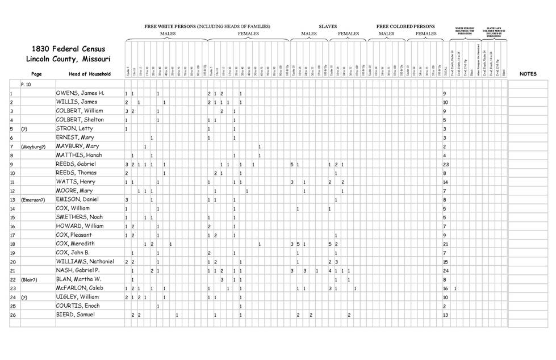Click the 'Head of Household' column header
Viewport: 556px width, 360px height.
click(x=90, y=74)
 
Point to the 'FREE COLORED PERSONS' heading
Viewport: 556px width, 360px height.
click(x=405, y=26)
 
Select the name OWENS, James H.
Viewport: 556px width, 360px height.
click(x=80, y=93)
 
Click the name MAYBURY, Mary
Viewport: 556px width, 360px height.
click(x=77, y=146)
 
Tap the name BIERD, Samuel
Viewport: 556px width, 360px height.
click(x=76, y=315)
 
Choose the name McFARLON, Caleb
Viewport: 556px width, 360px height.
click(x=80, y=288)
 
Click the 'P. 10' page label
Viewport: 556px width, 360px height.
click(x=26, y=83)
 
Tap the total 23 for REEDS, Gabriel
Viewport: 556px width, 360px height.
click(x=446, y=164)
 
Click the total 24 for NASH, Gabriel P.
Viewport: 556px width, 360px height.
click(x=446, y=271)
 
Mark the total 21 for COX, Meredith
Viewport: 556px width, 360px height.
click(x=446, y=244)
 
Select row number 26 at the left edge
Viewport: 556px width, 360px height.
click(x=12, y=315)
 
